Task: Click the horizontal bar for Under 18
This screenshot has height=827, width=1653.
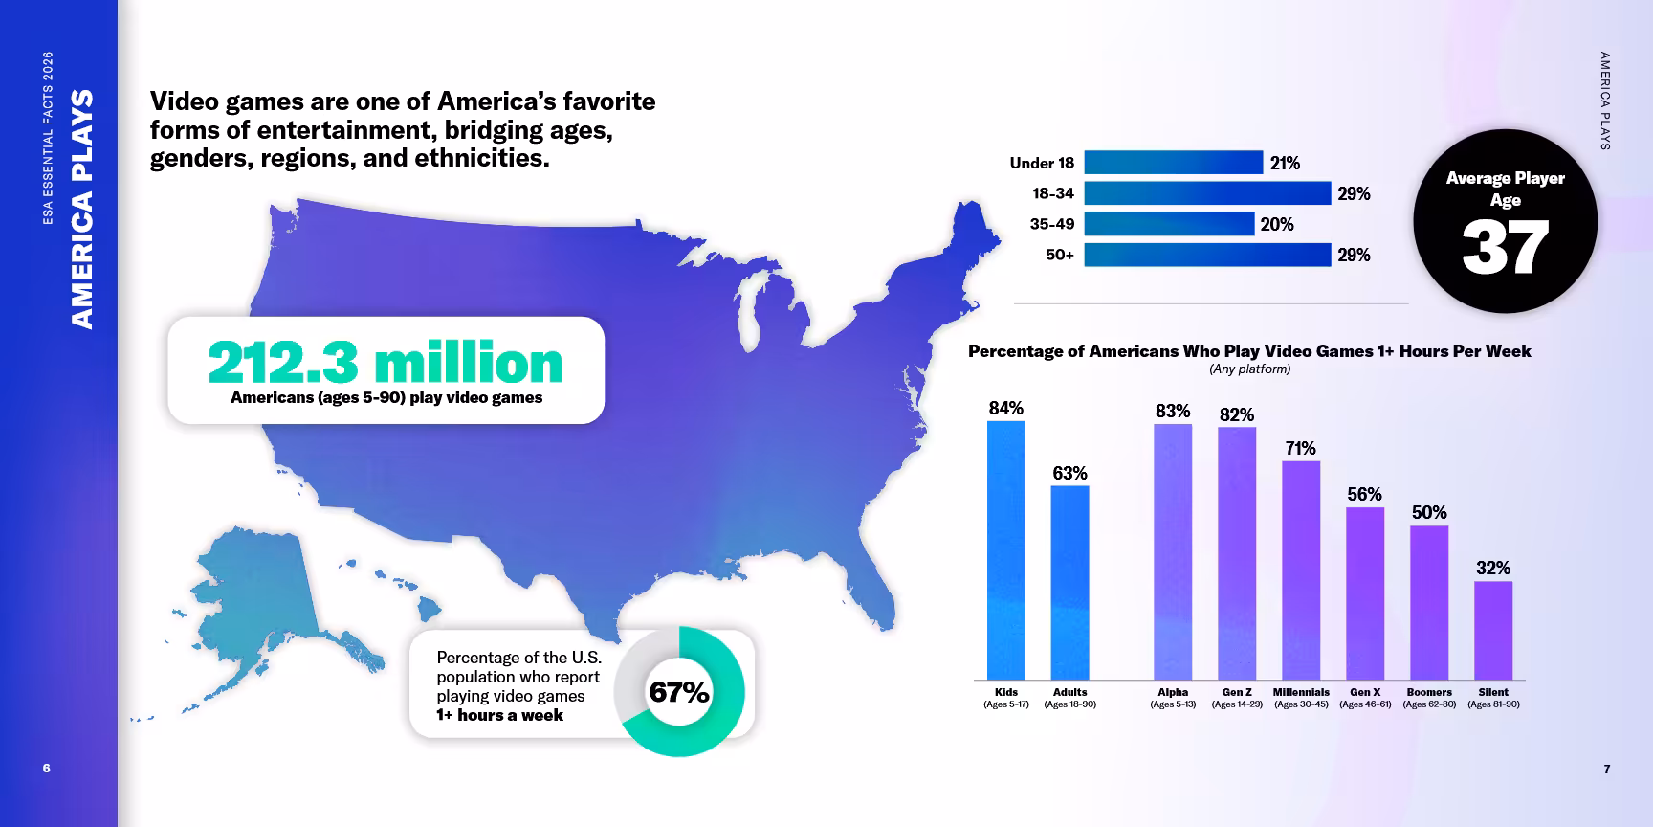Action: [x=1174, y=163]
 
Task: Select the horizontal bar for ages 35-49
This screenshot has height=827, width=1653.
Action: [x=1169, y=224]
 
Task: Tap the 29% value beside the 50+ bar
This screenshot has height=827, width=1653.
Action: [x=1354, y=255]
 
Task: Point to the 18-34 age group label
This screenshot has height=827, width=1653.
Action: [x=1052, y=193]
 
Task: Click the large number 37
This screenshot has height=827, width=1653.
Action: [x=1505, y=247]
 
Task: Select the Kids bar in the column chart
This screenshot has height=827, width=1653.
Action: [x=1006, y=550]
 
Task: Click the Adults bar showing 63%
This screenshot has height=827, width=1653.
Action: [x=1069, y=583]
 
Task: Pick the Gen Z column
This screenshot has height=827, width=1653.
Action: [x=1237, y=553]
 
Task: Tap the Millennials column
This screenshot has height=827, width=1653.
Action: [x=1301, y=570]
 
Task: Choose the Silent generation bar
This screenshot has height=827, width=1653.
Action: [x=1493, y=631]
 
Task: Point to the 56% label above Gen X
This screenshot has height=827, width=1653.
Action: [x=1365, y=494]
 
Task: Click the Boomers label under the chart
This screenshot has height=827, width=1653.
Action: [x=1429, y=692]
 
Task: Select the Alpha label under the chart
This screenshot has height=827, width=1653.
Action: [x=1173, y=692]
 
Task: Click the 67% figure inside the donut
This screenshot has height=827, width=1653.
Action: [x=679, y=692]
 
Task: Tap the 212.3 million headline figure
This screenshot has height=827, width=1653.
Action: [x=386, y=363]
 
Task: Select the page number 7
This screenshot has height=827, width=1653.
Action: [x=1607, y=769]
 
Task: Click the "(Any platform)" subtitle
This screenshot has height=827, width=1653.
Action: [x=1249, y=369]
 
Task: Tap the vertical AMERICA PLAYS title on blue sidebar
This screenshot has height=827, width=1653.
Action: [x=83, y=209]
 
